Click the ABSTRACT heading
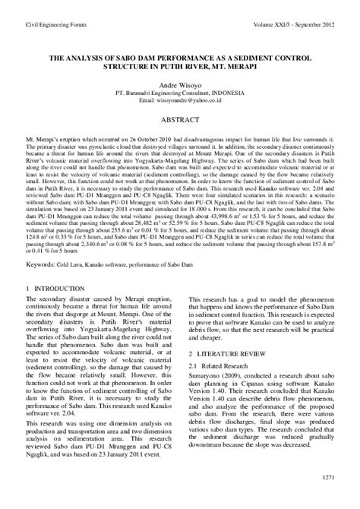tap(180, 120)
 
